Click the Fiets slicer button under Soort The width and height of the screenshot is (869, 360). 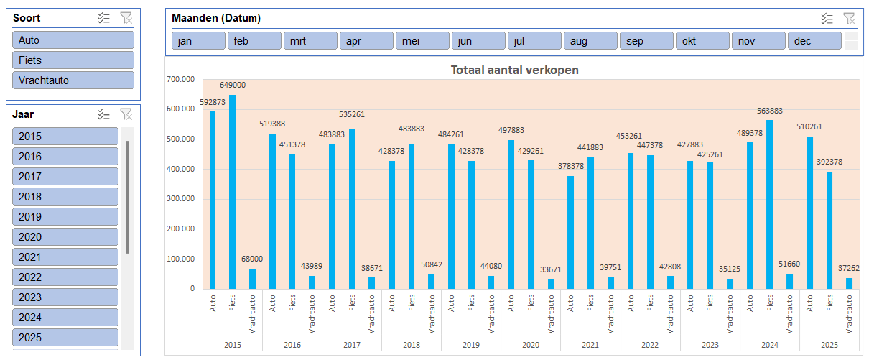point(73,60)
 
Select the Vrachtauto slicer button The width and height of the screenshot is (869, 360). point(73,80)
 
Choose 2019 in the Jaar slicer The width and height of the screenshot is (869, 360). point(65,217)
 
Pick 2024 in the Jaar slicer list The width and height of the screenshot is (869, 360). point(65,318)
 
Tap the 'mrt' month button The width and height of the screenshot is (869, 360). point(310,41)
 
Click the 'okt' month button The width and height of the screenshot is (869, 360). point(702,41)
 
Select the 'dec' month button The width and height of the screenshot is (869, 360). point(814,41)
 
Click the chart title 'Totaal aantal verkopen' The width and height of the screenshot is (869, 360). point(514,70)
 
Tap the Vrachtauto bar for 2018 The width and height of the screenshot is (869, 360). point(431,281)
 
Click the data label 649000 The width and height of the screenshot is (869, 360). point(232,86)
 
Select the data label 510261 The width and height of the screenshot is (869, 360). point(809,127)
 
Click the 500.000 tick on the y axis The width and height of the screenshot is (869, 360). point(180,139)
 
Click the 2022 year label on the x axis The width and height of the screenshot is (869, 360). point(649,346)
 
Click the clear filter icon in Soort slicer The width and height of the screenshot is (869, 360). point(126,18)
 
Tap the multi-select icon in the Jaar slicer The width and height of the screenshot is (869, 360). point(104,114)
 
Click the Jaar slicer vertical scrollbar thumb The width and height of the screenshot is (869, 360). point(128,198)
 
